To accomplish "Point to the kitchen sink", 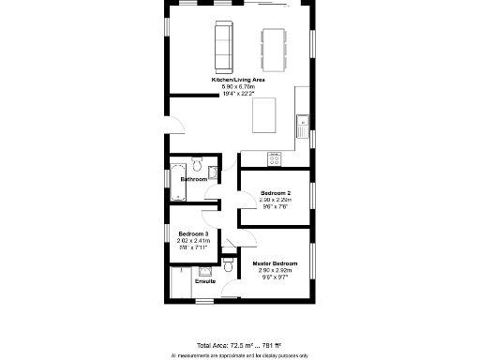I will click(303, 123).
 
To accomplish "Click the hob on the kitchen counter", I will click(275, 158).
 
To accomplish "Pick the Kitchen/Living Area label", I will click(238, 81).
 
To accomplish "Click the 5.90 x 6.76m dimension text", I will click(238, 86).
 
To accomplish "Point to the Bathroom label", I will click(194, 178).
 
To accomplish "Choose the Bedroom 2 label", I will click(276, 193).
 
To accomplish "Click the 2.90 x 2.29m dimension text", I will click(276, 200).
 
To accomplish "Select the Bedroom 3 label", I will click(193, 234).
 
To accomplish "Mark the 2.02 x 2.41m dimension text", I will click(193, 241).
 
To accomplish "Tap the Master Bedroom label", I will click(276, 263).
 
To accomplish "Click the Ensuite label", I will click(204, 281).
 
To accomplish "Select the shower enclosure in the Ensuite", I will click(181, 282).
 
